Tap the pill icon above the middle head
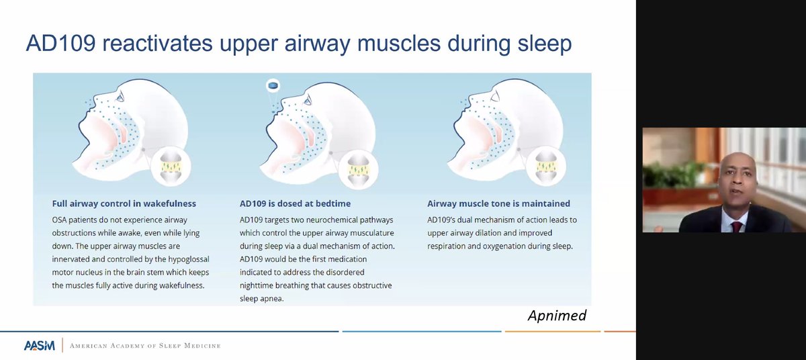pos(273,85)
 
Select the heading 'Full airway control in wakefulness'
pos(124,204)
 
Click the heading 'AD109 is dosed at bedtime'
pos(295,204)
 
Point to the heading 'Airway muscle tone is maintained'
pos(498,204)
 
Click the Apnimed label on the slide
pos(557,316)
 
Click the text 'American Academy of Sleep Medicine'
pos(145,346)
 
